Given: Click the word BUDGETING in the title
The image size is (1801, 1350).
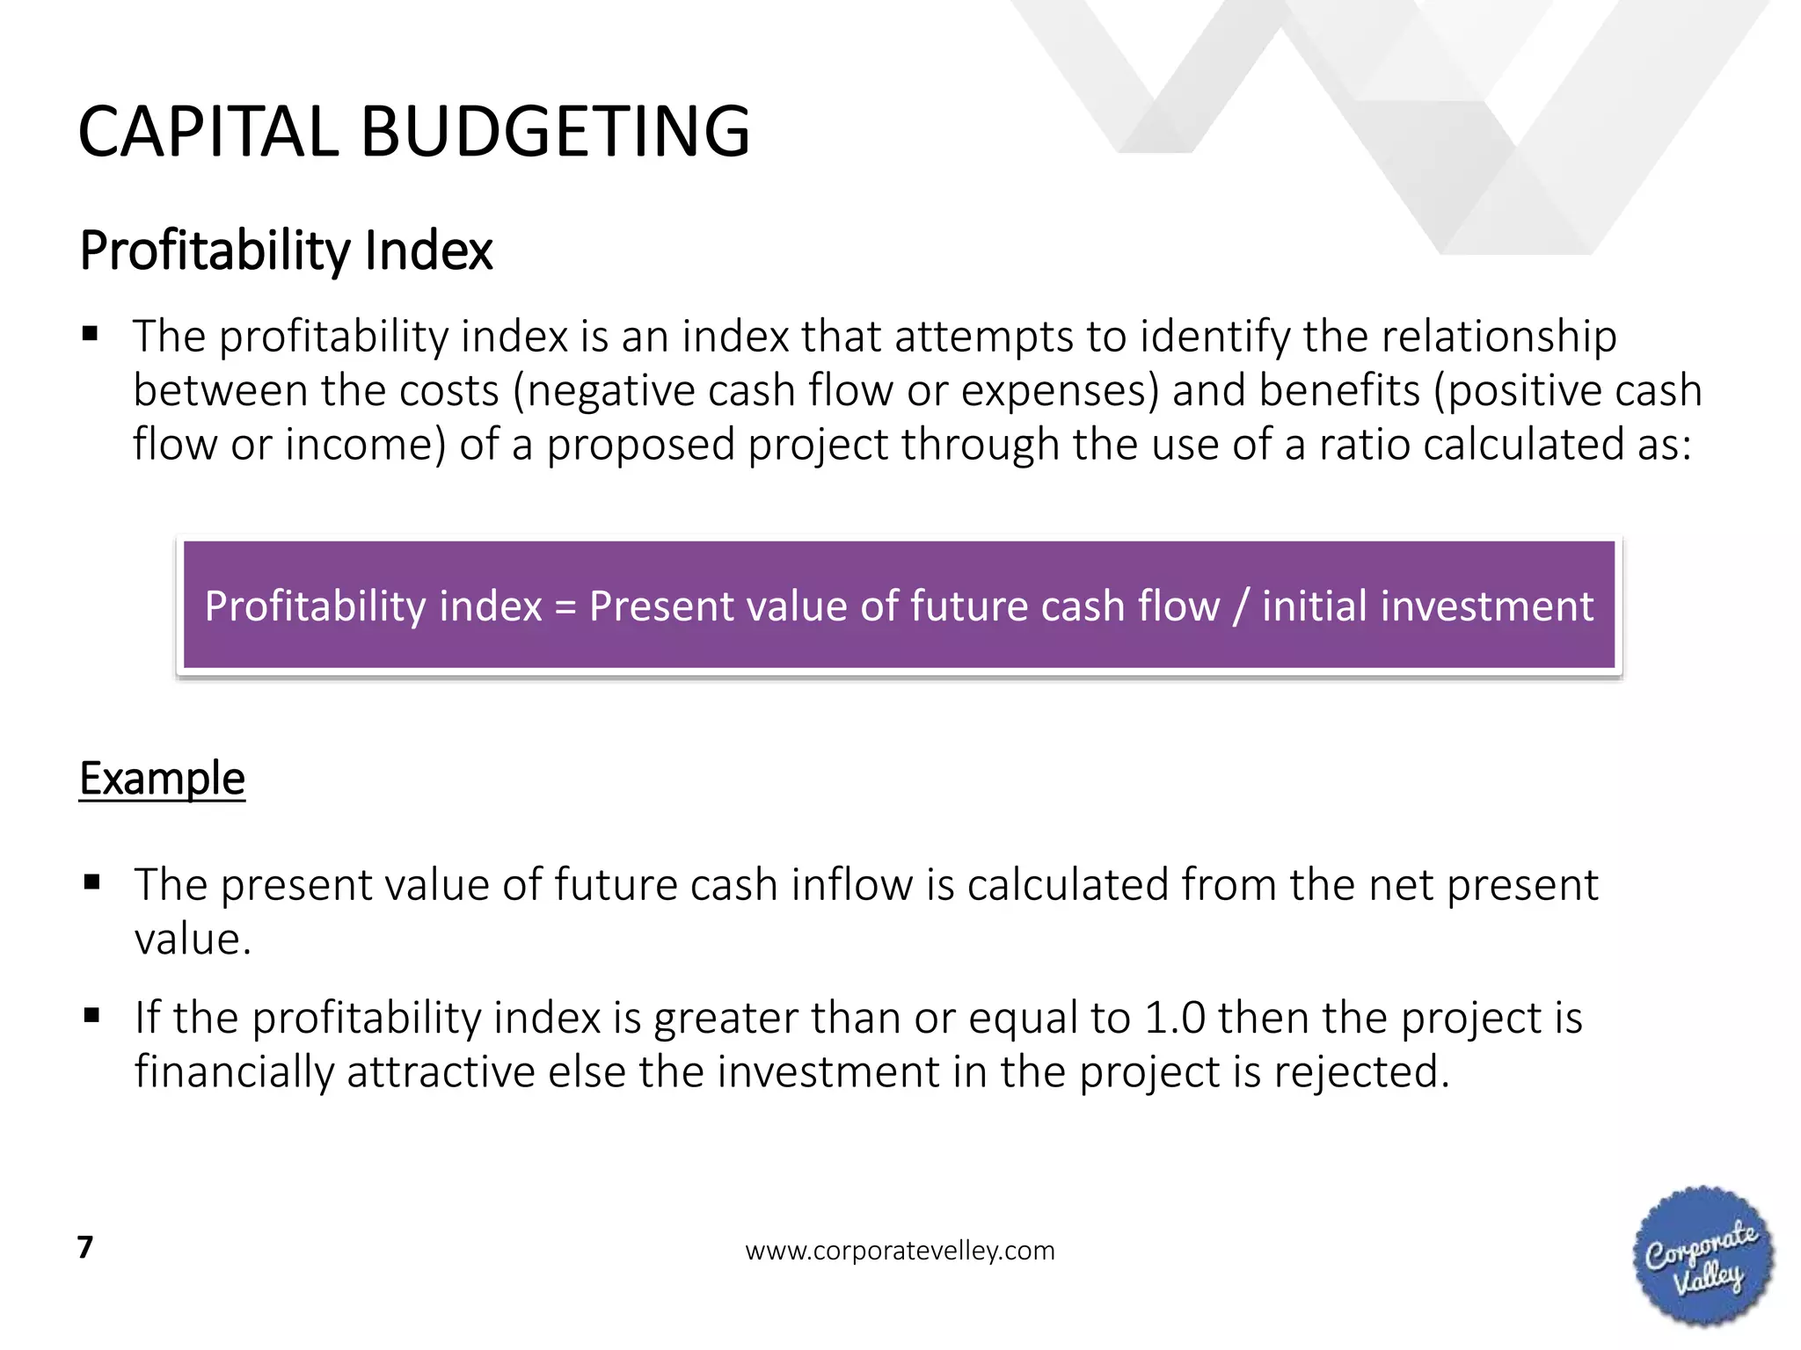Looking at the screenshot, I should pyautogui.click(x=555, y=132).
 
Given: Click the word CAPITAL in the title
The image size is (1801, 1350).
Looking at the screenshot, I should pyautogui.click(x=208, y=132).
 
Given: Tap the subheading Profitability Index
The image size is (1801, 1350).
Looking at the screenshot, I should pyautogui.click(x=286, y=250).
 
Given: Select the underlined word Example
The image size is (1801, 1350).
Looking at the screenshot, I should pyautogui.click(x=162, y=779).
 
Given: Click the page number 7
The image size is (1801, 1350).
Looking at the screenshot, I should pyautogui.click(x=85, y=1247).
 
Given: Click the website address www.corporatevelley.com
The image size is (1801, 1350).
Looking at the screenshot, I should pyautogui.click(x=900, y=1251).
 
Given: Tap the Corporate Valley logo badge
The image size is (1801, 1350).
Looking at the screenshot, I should pyautogui.click(x=1703, y=1255).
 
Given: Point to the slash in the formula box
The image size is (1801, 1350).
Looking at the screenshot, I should pyautogui.click(x=1240, y=606).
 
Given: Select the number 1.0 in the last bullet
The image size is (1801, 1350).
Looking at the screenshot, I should pyautogui.click(x=1175, y=1018).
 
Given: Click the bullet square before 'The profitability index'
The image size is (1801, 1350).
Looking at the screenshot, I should pyautogui.click(x=90, y=334).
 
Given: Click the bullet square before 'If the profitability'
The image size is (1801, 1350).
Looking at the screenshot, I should pyautogui.click(x=91, y=1016).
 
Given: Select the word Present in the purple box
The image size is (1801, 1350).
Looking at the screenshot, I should pyautogui.click(x=655, y=606).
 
